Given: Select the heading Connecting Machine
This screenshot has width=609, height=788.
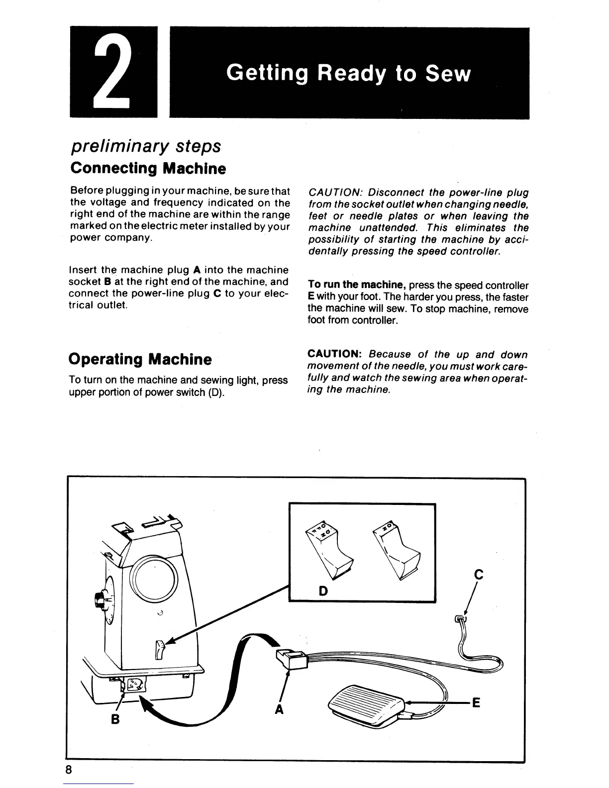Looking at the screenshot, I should pos(148,168).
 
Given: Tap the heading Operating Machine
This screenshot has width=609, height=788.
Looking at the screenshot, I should pos(140,359).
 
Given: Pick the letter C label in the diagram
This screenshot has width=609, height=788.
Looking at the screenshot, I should pos(479,575).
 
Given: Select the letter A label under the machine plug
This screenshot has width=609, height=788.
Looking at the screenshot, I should pos(279,710).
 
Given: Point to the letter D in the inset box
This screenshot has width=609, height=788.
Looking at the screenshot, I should pos(323,591).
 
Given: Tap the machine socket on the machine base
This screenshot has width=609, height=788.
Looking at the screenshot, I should pos(133,685).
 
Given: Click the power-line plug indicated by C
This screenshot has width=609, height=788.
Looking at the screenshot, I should pos(461,619).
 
